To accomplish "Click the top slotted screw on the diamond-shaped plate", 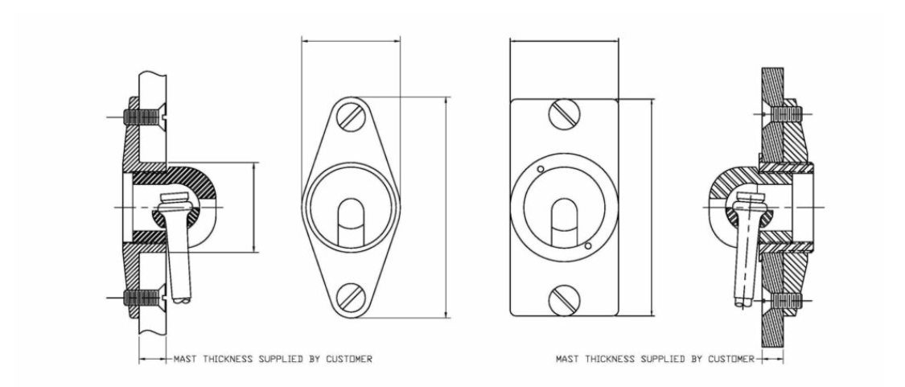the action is click(x=352, y=117).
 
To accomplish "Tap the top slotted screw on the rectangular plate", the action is click(x=565, y=113).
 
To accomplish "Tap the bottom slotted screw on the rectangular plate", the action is click(x=565, y=301).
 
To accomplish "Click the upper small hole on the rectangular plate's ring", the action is click(x=541, y=169).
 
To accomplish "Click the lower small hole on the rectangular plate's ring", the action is click(x=588, y=246).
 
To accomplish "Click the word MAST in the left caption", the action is click(x=186, y=360).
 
